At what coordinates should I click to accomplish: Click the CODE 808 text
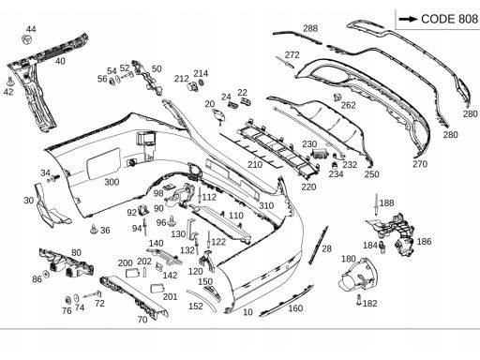point(449,19)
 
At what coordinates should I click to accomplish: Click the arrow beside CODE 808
point(408,19)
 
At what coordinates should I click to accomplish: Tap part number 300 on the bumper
point(112,182)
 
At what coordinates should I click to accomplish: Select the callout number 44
point(31,29)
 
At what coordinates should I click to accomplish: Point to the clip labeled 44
point(26,40)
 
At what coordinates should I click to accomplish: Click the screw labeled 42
point(10,82)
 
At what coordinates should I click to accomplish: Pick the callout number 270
point(420,164)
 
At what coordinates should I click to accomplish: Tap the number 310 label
point(266,205)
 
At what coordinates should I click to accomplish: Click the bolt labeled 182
point(359,300)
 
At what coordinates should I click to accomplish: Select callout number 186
point(424,241)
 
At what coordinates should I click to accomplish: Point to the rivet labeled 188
point(376,204)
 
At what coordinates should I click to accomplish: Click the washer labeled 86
point(46,274)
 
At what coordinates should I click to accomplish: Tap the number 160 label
point(295,308)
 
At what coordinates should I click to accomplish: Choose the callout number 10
point(247,312)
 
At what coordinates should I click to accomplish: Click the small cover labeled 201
point(157,288)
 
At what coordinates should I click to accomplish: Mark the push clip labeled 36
point(94,229)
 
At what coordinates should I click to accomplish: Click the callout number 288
point(310,28)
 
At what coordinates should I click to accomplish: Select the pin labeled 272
point(285,62)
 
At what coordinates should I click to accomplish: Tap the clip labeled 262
point(337,97)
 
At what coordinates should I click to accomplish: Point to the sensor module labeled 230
point(321,155)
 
